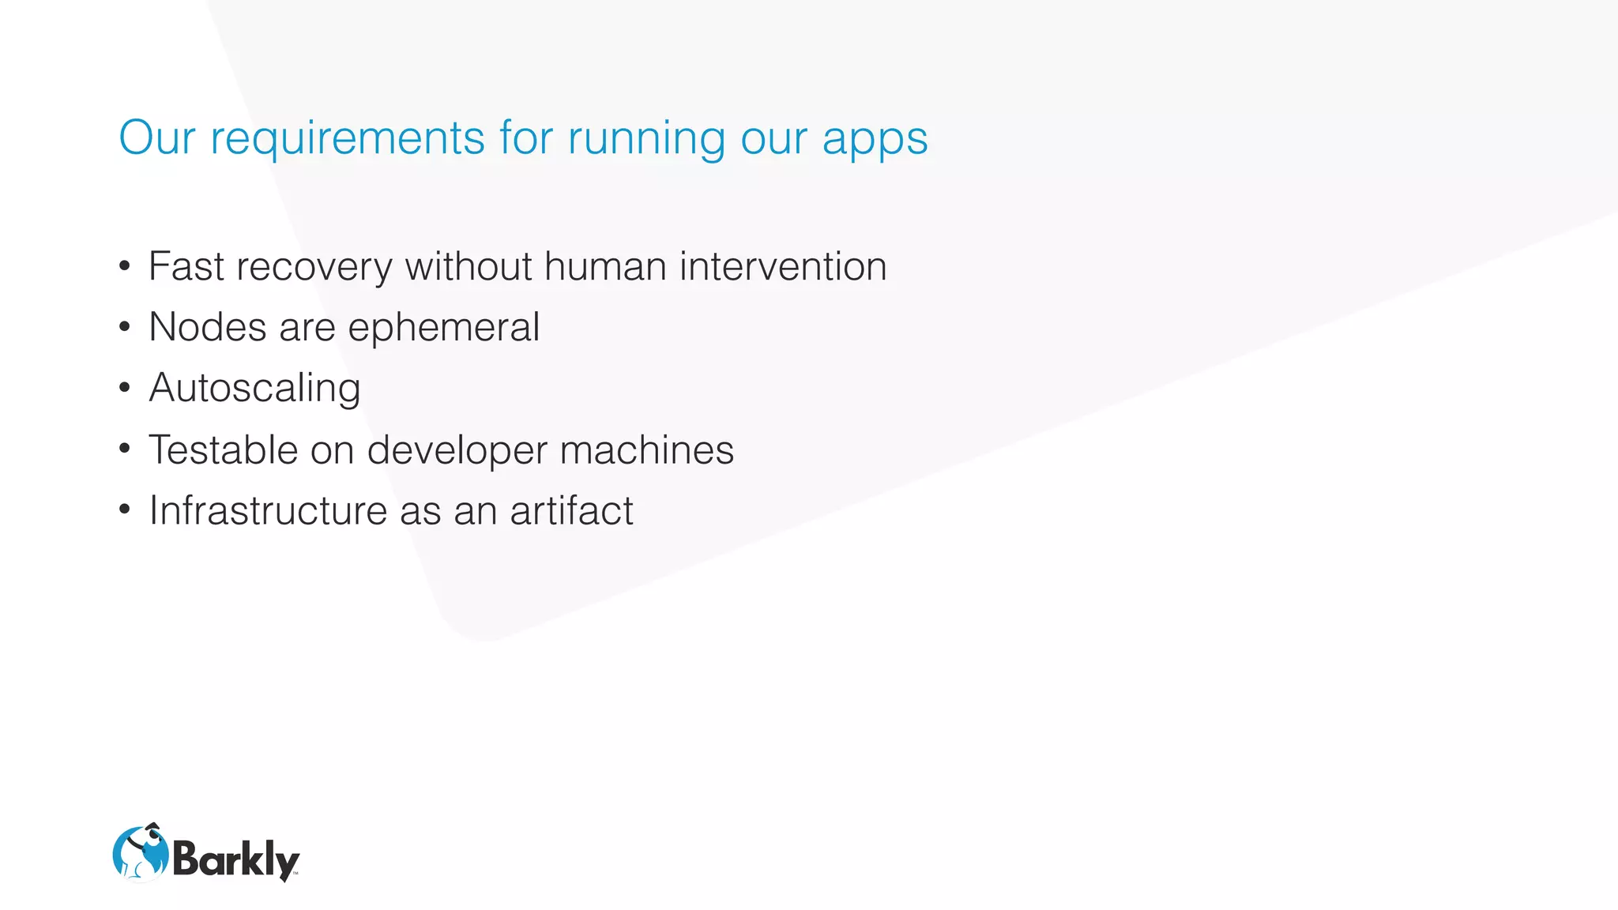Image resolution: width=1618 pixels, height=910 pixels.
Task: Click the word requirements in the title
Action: (x=347, y=139)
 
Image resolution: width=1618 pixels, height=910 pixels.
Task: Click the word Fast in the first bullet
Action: (x=186, y=266)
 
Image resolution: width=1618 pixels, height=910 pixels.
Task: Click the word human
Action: (x=604, y=266)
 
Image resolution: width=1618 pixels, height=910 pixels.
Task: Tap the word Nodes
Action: (x=207, y=327)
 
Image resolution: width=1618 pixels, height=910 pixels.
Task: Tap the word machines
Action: (x=646, y=449)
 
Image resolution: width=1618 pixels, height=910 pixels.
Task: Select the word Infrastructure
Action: (x=268, y=510)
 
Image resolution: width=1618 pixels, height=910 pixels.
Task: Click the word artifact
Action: (x=571, y=510)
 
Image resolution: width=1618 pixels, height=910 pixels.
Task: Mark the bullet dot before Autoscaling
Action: (x=124, y=388)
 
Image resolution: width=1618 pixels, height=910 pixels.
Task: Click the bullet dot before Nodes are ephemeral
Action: (x=124, y=327)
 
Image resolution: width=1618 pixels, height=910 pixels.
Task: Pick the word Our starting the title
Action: (x=156, y=139)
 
